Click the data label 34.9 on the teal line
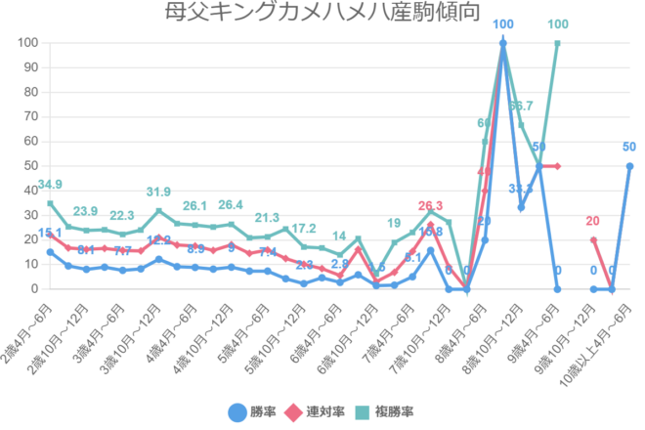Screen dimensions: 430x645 click(x=50, y=185)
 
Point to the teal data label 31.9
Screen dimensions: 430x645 click(x=158, y=192)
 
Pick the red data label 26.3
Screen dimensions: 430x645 click(x=431, y=205)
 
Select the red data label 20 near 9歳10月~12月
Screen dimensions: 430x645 click(x=593, y=221)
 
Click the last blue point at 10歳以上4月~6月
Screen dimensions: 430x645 click(x=629, y=166)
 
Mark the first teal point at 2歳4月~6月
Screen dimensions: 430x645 click(x=50, y=203)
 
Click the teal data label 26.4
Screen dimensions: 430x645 click(x=231, y=205)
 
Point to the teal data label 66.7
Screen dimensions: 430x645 click(x=521, y=106)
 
